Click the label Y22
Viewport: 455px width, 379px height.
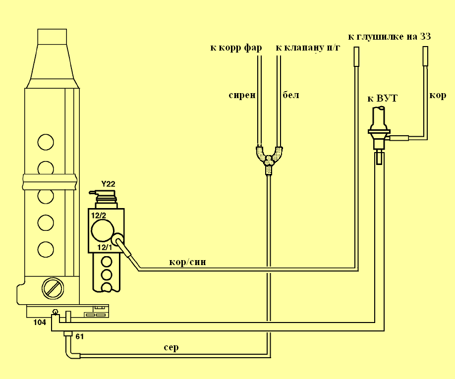tap(108, 184)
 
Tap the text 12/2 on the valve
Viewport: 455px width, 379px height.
tap(98, 215)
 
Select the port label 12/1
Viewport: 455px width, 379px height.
tap(105, 247)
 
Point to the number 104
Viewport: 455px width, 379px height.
tap(40, 322)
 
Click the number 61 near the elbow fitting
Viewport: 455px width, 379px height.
tap(79, 336)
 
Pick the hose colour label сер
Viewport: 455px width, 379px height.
tap(171, 347)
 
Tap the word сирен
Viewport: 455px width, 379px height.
tap(242, 95)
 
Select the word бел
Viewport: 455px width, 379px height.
tap(290, 95)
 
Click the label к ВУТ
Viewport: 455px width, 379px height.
tap(382, 99)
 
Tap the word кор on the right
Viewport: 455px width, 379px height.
tap(438, 95)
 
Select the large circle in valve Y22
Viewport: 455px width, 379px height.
tap(101, 231)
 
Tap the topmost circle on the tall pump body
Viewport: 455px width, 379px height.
tap(46, 142)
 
